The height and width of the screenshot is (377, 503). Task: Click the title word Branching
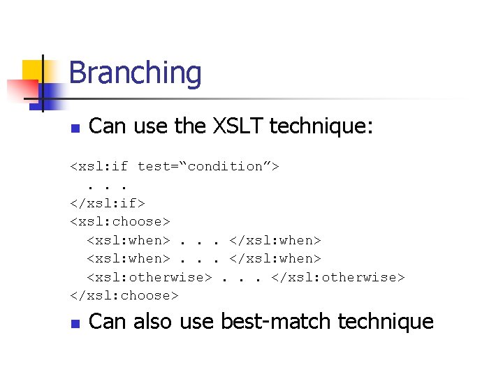coord(135,73)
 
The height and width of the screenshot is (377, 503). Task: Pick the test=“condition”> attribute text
coord(208,166)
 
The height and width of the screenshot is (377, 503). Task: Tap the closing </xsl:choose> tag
coord(124,295)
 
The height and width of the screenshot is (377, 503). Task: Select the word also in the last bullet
coord(153,321)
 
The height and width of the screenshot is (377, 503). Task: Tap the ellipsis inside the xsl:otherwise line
coord(241,277)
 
